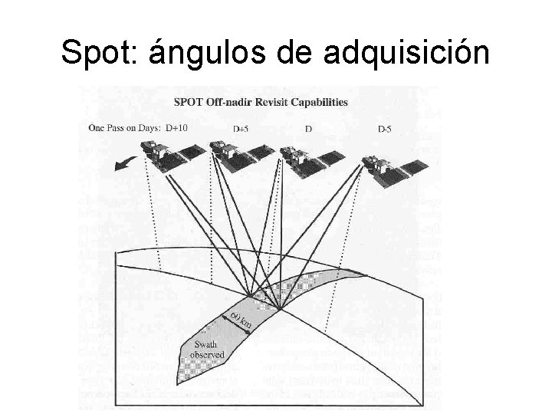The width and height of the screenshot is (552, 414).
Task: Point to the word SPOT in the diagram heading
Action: click(189, 101)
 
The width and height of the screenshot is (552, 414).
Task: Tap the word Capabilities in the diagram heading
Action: click(324, 101)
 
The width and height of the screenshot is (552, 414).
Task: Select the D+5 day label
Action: click(242, 129)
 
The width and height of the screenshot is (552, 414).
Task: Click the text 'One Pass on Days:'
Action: click(123, 128)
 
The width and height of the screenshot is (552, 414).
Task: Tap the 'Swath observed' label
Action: click(208, 349)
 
